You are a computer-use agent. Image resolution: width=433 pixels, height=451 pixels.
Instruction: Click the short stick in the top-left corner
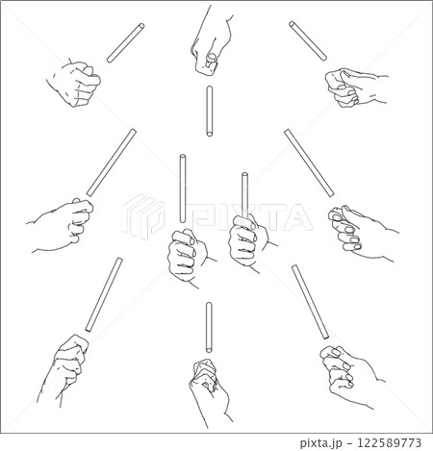pos(125,43)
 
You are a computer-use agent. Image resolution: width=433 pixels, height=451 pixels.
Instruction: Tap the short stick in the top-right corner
pos(308,40)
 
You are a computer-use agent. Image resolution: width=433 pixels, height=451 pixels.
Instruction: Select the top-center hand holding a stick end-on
pos(212,40)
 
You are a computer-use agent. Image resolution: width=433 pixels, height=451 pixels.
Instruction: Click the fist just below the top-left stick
pos(74,83)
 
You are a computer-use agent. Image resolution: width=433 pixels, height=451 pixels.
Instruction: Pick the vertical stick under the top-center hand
pos(210,112)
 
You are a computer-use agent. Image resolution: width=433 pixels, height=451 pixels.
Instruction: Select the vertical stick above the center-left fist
pos(183,188)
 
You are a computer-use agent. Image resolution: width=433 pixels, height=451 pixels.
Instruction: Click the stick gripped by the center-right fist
pos(244,195)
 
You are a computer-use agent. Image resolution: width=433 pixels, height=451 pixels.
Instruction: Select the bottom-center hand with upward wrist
pos(210,392)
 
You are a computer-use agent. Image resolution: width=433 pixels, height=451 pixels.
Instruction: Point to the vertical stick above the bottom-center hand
pos(209,327)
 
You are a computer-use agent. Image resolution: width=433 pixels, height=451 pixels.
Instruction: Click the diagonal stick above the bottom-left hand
pos(104,294)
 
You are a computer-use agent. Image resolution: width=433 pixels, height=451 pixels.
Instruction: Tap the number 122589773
pos(389,442)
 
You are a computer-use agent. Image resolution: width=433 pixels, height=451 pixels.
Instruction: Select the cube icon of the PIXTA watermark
pos(143,216)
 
